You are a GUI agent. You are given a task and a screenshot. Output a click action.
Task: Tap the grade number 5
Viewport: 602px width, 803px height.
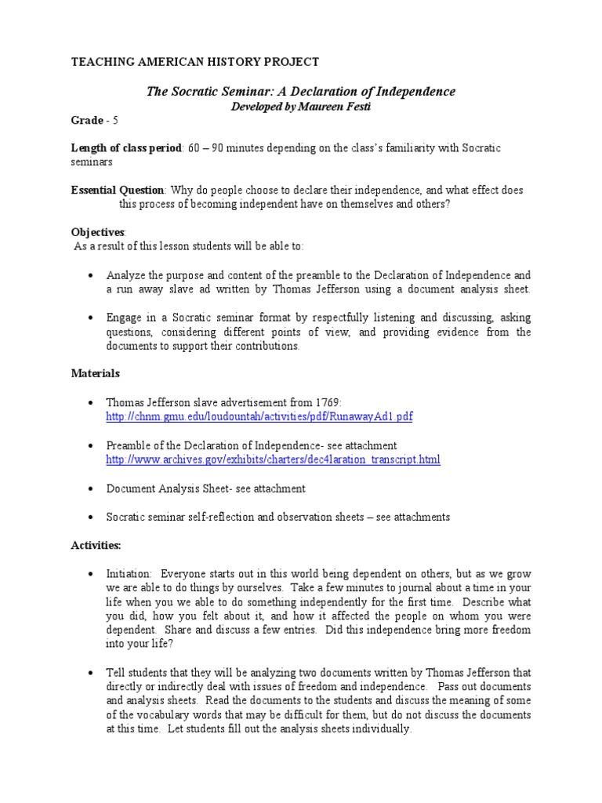pos(116,120)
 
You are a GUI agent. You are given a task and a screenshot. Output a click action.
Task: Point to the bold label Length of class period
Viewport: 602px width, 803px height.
pos(125,148)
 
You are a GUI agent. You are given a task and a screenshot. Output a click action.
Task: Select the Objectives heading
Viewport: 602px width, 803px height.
pos(98,233)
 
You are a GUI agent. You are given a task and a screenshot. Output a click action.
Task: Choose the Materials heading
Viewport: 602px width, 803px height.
pos(95,374)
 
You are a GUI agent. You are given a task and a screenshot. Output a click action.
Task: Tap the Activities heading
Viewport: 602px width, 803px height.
pos(96,544)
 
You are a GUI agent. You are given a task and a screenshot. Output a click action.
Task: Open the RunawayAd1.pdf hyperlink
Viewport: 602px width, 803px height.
pos(259,417)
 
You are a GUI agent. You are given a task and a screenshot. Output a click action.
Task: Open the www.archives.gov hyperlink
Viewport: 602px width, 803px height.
pos(273,460)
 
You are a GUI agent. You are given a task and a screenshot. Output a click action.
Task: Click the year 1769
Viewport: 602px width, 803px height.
pos(325,403)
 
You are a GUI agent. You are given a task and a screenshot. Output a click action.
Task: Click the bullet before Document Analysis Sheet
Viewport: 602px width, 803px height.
pos(92,489)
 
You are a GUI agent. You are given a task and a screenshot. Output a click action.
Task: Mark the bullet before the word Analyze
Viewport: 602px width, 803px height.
pos(92,276)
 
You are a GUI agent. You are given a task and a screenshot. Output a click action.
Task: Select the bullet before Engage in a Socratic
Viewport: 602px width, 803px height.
pos(92,318)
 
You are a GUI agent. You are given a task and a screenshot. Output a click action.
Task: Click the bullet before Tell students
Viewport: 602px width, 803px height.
pos(92,673)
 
